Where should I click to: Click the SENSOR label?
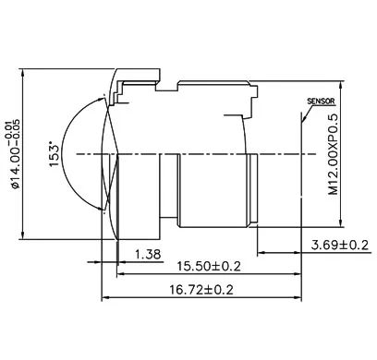click(x=321, y=102)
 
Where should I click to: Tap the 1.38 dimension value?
click(x=148, y=255)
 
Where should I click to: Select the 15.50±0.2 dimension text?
click(x=209, y=266)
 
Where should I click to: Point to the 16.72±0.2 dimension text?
click(x=201, y=290)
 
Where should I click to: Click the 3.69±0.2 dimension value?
click(x=340, y=246)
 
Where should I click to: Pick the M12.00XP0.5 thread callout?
click(x=334, y=154)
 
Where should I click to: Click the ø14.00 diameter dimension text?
click(x=15, y=153)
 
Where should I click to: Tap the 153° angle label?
click(x=54, y=154)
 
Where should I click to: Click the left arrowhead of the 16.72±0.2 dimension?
click(x=105, y=297)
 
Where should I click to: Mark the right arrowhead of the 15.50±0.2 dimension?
click(x=298, y=273)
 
